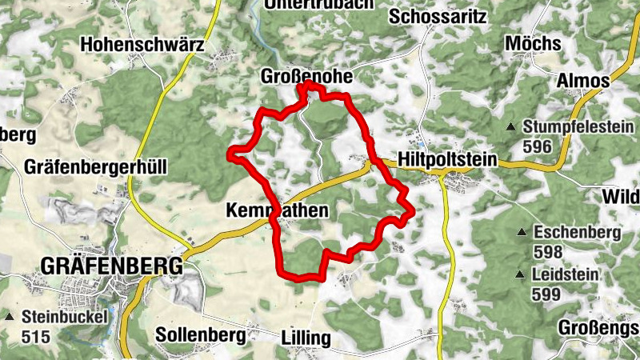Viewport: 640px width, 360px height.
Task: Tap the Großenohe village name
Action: point(306,76)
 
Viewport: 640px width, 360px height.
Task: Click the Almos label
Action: point(583,81)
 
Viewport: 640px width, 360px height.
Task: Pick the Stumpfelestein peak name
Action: point(578,126)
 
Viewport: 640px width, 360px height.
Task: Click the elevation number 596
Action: point(538,146)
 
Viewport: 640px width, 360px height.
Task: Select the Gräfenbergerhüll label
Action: point(95,167)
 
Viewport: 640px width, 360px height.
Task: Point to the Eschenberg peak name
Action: point(578,233)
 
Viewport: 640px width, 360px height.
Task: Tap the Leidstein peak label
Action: point(566,275)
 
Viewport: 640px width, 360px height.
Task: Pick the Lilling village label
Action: point(306,338)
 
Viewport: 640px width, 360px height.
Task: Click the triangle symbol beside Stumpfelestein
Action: point(511,126)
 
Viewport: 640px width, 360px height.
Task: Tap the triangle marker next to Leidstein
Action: point(522,275)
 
